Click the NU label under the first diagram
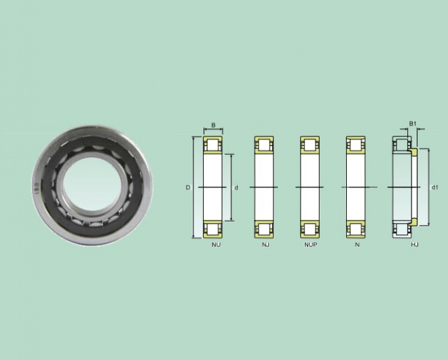click(217, 245)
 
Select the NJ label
click(265, 245)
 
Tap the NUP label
click(311, 245)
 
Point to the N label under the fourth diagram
click(357, 245)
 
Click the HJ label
click(415, 245)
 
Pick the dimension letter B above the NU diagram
click(213, 125)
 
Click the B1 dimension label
click(413, 124)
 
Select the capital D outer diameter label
click(188, 187)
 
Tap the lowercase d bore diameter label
click(236, 188)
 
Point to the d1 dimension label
click(434, 187)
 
